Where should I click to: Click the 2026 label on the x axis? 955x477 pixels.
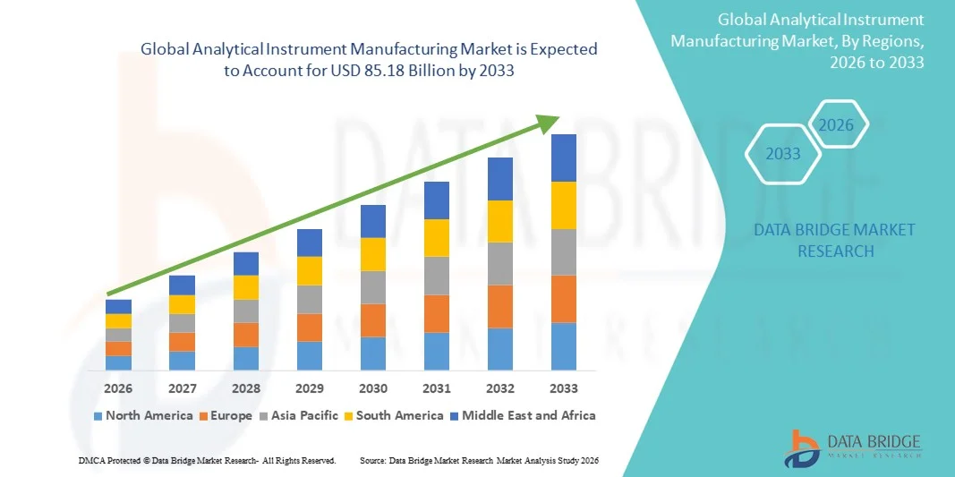118,388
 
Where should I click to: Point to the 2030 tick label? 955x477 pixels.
373,388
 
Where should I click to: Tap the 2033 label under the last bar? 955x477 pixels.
564,388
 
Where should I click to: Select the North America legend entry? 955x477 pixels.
142,415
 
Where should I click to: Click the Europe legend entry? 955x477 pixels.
226,415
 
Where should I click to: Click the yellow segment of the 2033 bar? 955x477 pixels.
564,205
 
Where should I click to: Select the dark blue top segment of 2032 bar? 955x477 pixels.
500,178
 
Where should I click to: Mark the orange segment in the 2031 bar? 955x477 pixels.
437,313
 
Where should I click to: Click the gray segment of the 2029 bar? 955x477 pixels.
310,299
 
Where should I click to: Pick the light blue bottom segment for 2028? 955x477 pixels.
246,358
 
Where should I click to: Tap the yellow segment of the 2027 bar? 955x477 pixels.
182,304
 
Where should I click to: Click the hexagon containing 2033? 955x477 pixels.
783,154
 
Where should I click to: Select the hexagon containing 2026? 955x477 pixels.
837,125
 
